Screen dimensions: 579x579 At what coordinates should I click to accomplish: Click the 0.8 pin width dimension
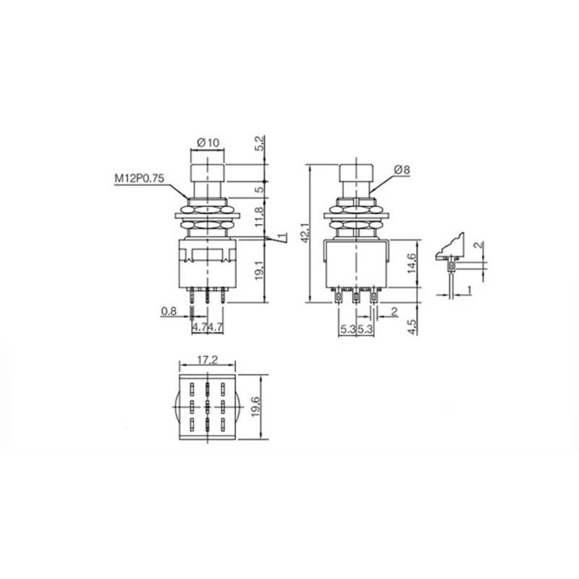coord(168,312)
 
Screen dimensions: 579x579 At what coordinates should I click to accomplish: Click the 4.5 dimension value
coord(413,326)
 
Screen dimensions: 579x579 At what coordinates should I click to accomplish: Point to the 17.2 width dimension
coord(208,360)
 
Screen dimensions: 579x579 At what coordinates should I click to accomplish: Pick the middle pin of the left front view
coord(208,296)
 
